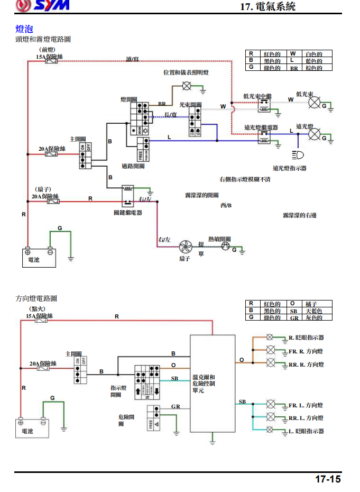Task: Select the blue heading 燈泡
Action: [x=25, y=29]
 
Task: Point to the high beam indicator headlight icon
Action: [x=298, y=155]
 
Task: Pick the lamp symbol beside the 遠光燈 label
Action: [x=315, y=135]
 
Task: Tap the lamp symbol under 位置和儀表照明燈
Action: [x=186, y=85]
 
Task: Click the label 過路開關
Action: [x=133, y=166]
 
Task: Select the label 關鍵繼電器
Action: [x=128, y=212]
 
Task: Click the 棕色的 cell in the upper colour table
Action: [x=318, y=68]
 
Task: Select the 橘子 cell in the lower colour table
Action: [x=318, y=304]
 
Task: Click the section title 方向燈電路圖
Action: [x=36, y=298]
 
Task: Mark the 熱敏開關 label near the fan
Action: [x=219, y=239]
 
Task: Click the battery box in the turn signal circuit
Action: [x=32, y=428]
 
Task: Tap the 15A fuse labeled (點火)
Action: [x=42, y=321]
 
